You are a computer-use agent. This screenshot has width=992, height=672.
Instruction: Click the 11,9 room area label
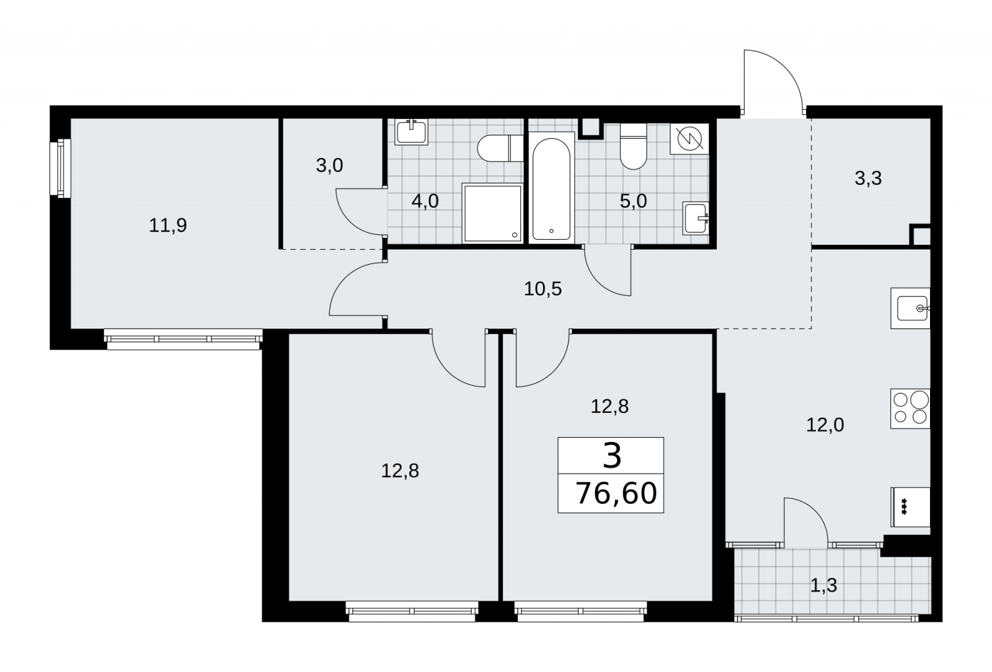coord(168,226)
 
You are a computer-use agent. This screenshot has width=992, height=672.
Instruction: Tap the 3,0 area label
coord(329,166)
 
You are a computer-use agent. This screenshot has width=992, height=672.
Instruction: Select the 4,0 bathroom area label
coord(425,201)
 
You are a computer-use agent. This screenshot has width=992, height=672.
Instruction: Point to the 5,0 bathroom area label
coord(633,201)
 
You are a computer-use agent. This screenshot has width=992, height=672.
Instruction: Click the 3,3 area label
coord(868,179)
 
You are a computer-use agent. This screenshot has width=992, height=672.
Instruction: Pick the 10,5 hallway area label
coord(543,289)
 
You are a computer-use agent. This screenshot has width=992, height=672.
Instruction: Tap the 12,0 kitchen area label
coord(825,425)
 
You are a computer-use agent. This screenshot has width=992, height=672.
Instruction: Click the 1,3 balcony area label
coord(824,586)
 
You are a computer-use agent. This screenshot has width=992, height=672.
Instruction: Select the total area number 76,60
coord(616,493)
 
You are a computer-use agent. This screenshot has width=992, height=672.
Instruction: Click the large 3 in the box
coord(612,456)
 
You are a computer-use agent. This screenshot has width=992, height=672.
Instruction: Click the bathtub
coord(551,188)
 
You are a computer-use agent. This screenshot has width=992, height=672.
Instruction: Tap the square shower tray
coord(492,213)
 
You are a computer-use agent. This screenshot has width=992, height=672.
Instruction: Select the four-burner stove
coord(910,409)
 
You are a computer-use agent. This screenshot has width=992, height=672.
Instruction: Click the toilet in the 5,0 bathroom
coord(633,146)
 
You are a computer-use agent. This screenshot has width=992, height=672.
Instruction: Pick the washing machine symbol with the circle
coord(689,139)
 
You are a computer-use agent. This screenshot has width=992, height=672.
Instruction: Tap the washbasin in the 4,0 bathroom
coord(412,132)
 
